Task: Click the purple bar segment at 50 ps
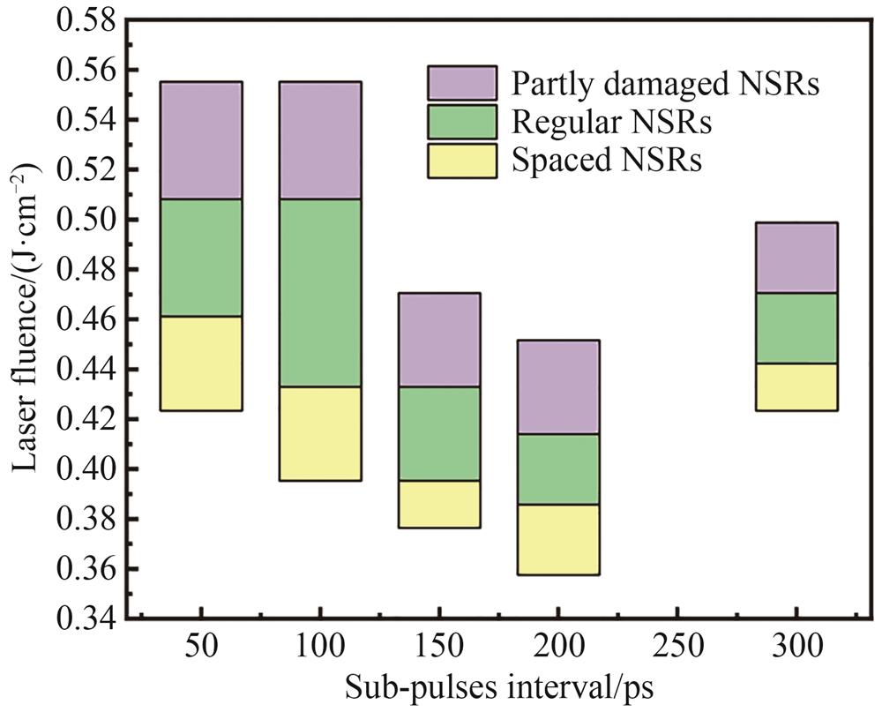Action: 202,140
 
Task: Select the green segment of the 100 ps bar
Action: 320,293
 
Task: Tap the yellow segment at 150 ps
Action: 438,504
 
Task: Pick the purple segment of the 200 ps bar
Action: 557,386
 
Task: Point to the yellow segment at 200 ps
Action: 557,540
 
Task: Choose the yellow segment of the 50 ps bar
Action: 202,363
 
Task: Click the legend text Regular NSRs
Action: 611,122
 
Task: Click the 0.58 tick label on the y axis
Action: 86,20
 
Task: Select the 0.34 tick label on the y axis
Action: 86,619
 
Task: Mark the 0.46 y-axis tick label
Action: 86,319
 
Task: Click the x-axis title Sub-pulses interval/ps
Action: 498,687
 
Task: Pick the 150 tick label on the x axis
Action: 438,648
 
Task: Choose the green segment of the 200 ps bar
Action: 557,469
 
